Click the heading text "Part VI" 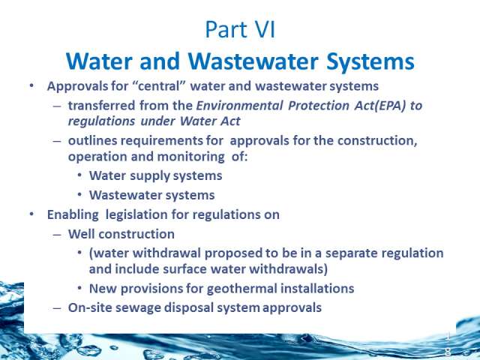click(240, 30)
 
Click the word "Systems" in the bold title click(370, 62)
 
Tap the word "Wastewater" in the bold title click(253, 61)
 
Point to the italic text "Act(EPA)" click(380, 106)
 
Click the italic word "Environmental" click(239, 106)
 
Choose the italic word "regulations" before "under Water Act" click(101, 121)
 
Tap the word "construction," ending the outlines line click(377, 141)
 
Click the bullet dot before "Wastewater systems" click(79, 195)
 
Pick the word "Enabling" click(73, 215)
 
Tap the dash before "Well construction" click(57, 235)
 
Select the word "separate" click(348, 253)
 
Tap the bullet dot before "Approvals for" click(31, 85)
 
